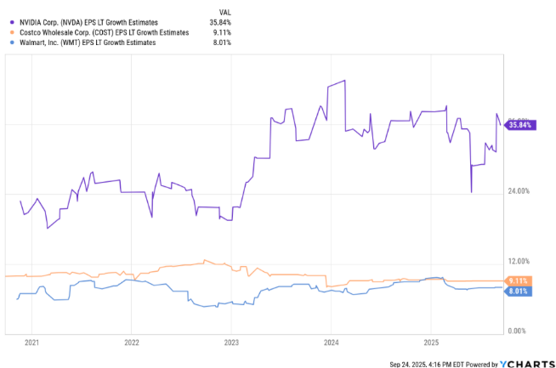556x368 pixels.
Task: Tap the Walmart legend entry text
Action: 82,42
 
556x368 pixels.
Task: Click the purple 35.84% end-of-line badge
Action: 519,125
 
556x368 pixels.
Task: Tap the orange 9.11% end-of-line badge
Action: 518,280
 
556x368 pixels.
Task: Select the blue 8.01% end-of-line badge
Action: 518,291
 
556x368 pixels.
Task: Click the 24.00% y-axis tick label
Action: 518,191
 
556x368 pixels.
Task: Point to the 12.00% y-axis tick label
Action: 518,261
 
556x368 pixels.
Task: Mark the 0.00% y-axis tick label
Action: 519,331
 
